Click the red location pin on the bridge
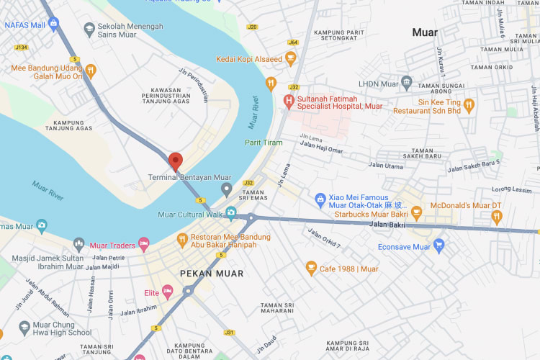point(174,161)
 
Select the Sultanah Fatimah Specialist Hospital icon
point(289,101)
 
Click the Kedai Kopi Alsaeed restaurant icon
point(271,84)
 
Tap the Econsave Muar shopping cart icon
point(439,246)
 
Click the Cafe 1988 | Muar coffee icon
point(311,269)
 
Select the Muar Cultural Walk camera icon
point(231,213)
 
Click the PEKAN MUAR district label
point(211,274)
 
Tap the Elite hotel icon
point(168,292)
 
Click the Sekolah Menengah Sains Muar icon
point(89,30)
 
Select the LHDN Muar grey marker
point(407,84)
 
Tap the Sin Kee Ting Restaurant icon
point(469,106)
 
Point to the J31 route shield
point(230,333)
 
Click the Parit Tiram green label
point(263,143)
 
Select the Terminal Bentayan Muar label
point(190,177)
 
